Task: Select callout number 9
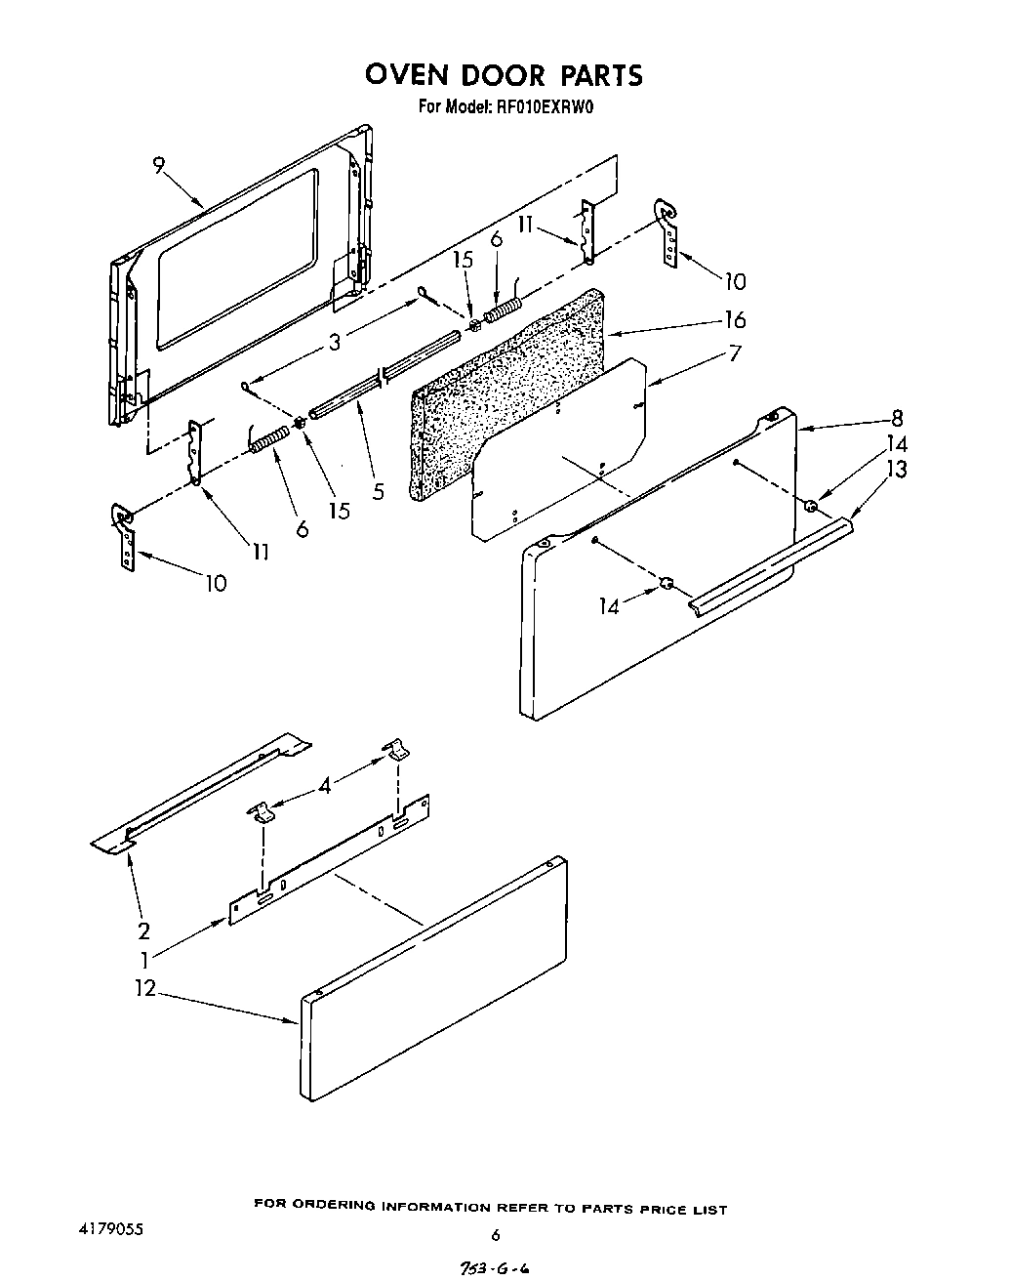pos(159,167)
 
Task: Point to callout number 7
pos(734,353)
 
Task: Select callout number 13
pos(897,470)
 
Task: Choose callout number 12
pos(144,988)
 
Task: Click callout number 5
pos(379,492)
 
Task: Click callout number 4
pos(325,784)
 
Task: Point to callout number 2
pos(143,930)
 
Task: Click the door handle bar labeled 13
pos(771,565)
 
